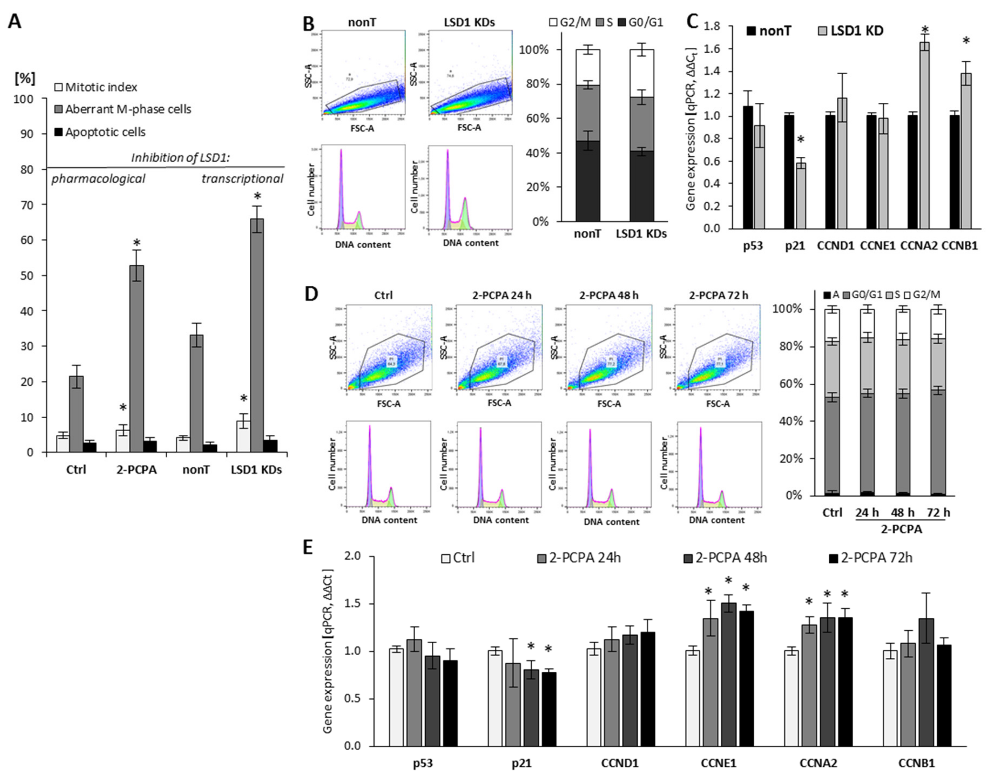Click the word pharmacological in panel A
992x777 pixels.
pyautogui.click(x=98, y=179)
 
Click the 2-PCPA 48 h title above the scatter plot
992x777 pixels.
pyautogui.click(x=609, y=295)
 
